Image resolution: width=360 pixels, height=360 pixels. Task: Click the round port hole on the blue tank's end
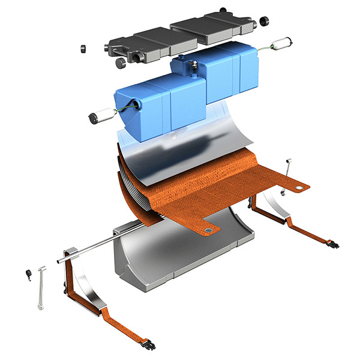pos(140,106)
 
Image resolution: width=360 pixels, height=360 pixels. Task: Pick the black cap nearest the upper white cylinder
pos(263,22)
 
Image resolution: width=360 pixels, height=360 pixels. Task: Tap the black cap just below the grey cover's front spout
pos(120,62)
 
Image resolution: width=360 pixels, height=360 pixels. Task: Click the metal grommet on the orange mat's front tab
pos(208,230)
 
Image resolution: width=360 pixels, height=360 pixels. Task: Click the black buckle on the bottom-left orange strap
pos(151,345)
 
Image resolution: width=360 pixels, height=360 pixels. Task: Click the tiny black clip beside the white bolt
pos(28,275)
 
